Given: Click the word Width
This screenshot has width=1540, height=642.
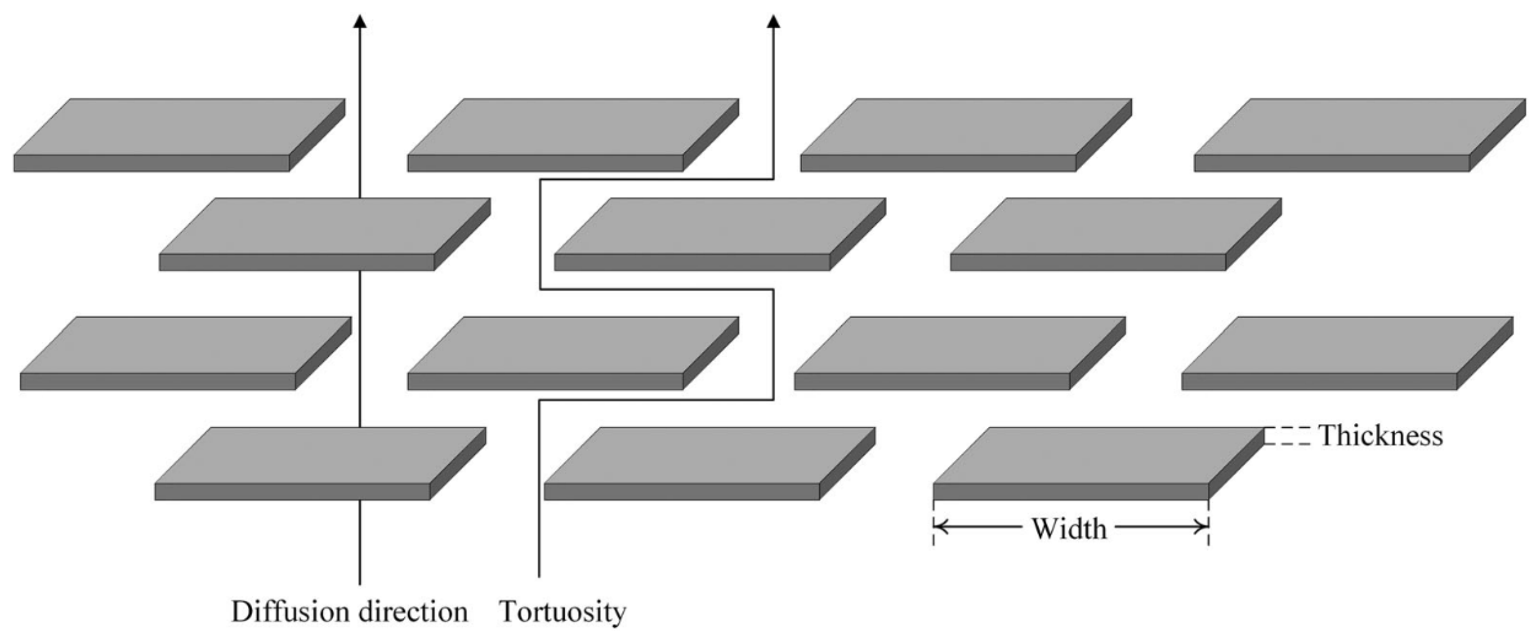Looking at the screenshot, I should pos(1069,529).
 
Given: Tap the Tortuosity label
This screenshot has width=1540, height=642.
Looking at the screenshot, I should pos(562,611).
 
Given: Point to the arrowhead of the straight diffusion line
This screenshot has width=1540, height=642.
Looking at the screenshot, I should pos(360,22).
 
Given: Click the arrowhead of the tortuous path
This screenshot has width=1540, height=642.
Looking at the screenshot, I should pos(773,22).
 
